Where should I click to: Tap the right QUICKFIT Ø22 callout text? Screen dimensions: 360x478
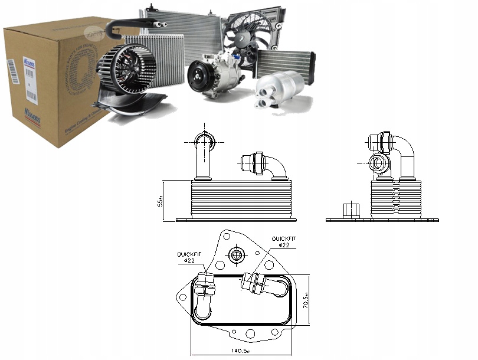point(284,241)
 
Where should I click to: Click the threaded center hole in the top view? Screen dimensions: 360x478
point(238,256)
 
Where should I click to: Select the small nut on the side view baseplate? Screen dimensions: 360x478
point(349,211)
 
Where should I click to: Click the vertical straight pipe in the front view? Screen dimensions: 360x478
point(202,159)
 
